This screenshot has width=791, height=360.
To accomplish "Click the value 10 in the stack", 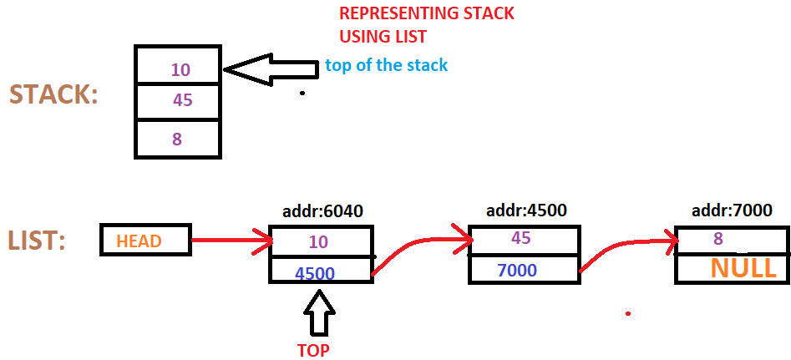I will point(180,69).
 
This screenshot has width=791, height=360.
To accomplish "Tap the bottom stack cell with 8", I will point(177,139).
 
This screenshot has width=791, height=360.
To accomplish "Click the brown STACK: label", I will point(53,94).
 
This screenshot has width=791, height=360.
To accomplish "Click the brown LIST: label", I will point(38,241).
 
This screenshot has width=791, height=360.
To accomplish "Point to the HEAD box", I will point(145,241).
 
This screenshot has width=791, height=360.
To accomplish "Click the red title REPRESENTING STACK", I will point(426,14).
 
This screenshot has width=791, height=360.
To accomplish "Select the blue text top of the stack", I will point(386,65).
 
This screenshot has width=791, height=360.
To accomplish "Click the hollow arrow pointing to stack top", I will point(271,71).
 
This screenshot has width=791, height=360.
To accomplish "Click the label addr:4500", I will point(524,210).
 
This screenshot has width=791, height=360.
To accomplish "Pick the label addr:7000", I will point(731,210).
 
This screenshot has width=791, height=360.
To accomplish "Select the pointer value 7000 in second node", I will point(516,270).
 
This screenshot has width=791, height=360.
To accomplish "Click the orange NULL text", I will point(743,268).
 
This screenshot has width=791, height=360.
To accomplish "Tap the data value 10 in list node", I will point(319,241).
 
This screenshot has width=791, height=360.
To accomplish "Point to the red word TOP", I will point(313,350).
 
